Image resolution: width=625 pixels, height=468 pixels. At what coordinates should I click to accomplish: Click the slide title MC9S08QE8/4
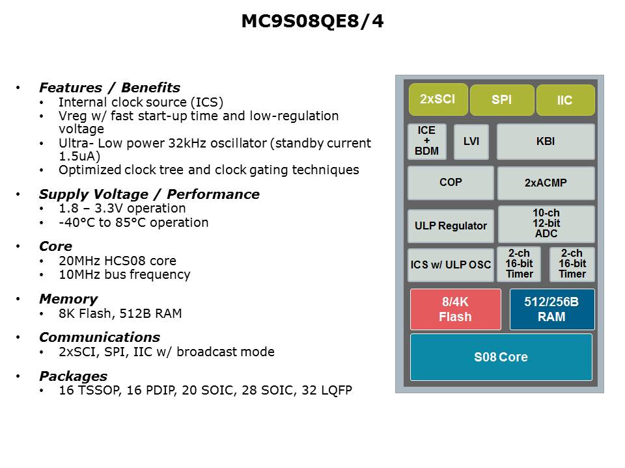[312, 21]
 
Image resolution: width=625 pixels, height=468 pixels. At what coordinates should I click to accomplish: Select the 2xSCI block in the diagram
[438, 99]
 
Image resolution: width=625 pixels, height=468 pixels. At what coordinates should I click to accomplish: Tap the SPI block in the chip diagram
[502, 100]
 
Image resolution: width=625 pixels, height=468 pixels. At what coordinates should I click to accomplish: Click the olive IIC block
[566, 100]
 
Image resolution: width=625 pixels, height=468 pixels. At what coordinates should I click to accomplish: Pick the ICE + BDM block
[427, 141]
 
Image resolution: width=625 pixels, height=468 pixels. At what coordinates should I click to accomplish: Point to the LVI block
[471, 142]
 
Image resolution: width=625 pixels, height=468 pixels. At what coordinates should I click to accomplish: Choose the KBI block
[546, 142]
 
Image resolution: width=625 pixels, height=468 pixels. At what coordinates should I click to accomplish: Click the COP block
[451, 183]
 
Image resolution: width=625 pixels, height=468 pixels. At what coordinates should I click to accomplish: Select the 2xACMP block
[546, 183]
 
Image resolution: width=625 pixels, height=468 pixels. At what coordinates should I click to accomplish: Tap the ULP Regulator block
[451, 226]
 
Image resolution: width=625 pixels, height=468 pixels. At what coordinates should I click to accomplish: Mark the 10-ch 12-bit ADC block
[546, 224]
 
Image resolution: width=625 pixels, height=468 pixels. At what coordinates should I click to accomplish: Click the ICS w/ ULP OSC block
[451, 265]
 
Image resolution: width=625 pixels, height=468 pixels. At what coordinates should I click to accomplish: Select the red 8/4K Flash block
[456, 309]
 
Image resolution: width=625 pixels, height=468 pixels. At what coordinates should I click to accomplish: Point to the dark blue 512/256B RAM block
[552, 309]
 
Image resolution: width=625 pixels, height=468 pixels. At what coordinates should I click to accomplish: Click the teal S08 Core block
[501, 357]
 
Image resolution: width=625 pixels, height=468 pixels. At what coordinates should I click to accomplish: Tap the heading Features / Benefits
[109, 88]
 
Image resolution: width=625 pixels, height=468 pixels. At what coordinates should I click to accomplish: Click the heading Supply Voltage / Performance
[150, 194]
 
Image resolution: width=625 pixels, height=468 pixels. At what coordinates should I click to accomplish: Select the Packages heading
[74, 376]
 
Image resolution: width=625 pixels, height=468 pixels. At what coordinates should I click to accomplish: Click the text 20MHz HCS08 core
[118, 261]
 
